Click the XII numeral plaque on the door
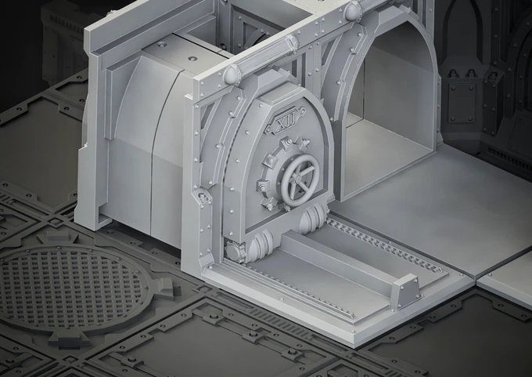point(286,120)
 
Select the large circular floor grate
point(71,287)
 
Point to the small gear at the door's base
point(233,252)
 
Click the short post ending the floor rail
point(404,292)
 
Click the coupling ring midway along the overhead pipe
point(292,45)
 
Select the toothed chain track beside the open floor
point(384,244)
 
